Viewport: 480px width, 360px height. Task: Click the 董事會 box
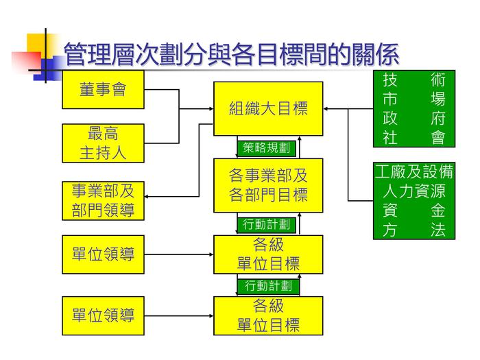pyautogui.click(x=103, y=89)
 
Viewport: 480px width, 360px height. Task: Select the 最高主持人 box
pyautogui.click(x=103, y=143)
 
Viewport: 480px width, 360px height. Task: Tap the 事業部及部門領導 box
pyautogui.click(x=103, y=200)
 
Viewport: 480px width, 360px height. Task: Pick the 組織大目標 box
pyautogui.click(x=268, y=108)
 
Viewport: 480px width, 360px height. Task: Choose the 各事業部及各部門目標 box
pyautogui.click(x=268, y=185)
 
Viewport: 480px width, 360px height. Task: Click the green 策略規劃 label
pyautogui.click(x=267, y=148)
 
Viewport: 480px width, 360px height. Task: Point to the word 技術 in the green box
pyautogui.click(x=413, y=80)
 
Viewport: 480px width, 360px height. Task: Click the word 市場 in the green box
pyautogui.click(x=413, y=99)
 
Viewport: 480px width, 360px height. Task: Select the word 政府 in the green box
pyautogui.click(x=413, y=118)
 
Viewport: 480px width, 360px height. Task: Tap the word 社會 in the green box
pyautogui.click(x=413, y=137)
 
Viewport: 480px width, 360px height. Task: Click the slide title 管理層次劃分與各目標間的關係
pyautogui.click(x=230, y=53)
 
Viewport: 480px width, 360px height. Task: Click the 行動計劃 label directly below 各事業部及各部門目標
pyautogui.click(x=267, y=224)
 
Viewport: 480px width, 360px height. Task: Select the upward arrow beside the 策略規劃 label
pyautogui.click(x=300, y=147)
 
